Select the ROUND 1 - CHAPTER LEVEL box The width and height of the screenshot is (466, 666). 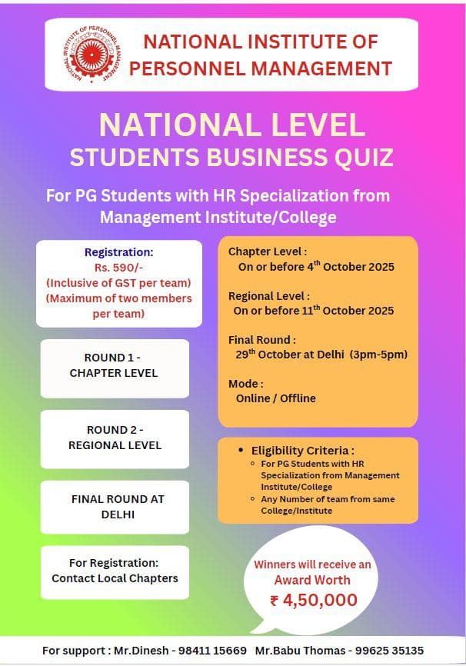tap(114, 366)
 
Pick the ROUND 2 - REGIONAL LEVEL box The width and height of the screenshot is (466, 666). tap(115, 438)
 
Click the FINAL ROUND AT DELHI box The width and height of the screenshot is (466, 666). tap(117, 507)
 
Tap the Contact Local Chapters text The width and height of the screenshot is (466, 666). tap(115, 578)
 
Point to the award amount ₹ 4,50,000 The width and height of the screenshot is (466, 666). tap(313, 601)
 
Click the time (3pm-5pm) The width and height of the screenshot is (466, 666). tap(378, 355)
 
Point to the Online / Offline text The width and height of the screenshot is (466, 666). tap(275, 398)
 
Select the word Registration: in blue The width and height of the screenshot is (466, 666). tap(118, 251)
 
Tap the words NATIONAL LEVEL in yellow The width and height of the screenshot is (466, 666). tap(231, 125)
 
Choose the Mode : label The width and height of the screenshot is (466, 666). tap(246, 383)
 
